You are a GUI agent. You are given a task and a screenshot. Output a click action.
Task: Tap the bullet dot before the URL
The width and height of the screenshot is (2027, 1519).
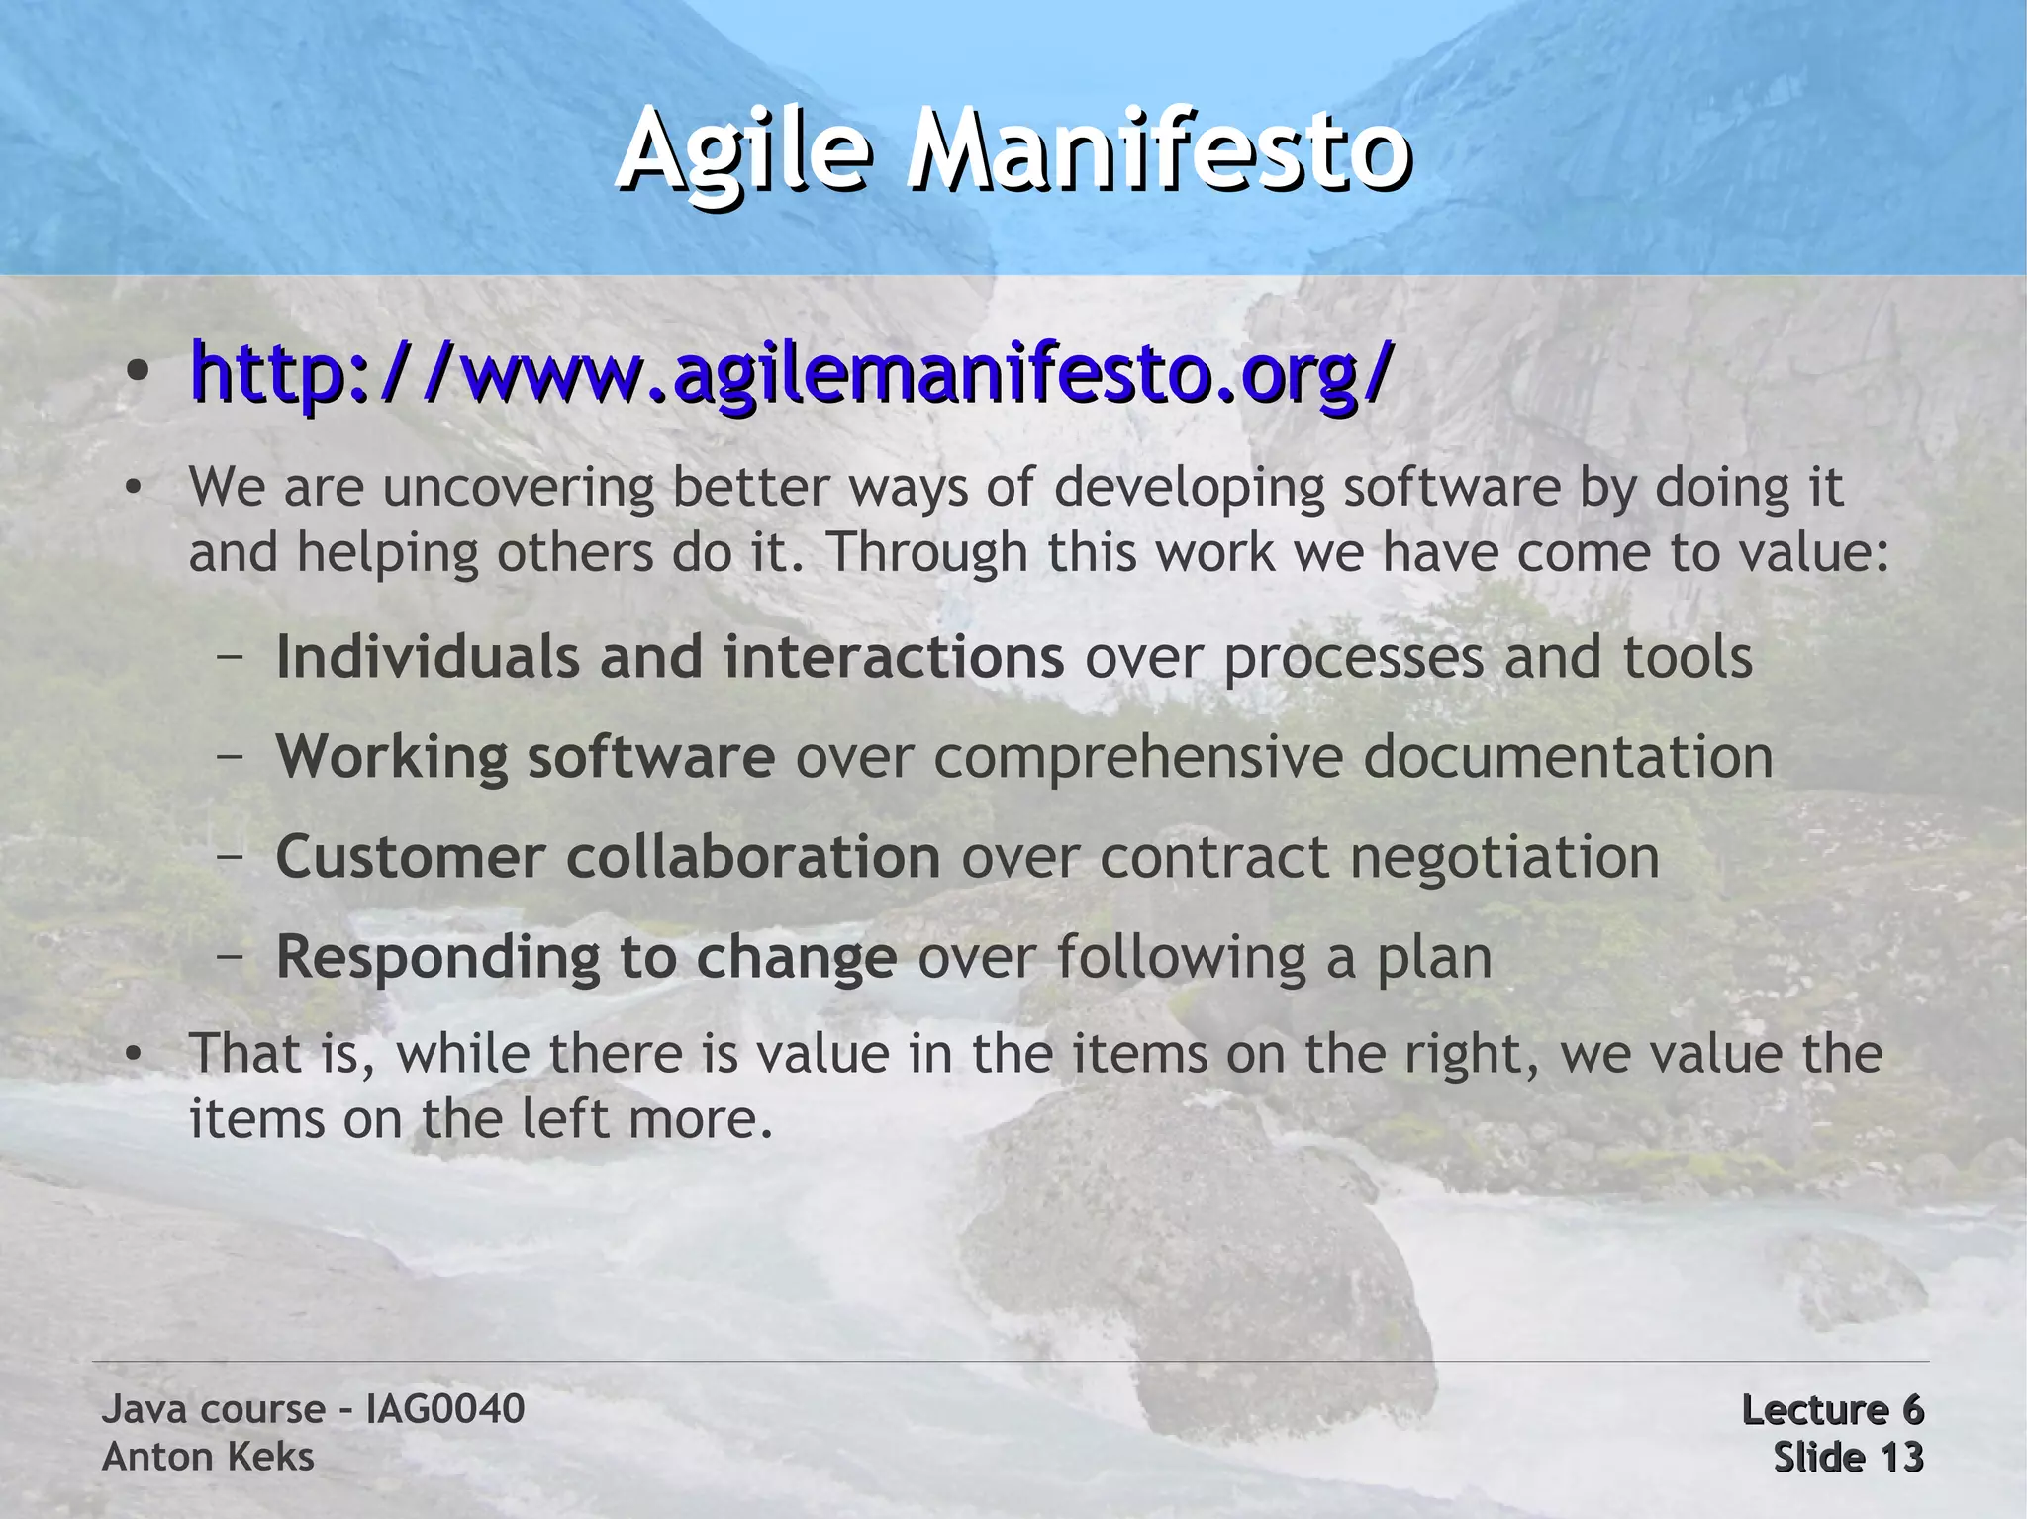coord(138,373)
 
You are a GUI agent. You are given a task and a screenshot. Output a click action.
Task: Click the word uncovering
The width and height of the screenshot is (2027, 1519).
coord(519,488)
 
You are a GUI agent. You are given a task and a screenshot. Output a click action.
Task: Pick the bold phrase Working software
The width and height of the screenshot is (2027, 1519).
coord(525,757)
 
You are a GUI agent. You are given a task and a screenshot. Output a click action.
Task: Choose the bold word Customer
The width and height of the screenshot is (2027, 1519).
coord(410,857)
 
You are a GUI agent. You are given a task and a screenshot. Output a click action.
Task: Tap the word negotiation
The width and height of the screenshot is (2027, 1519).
coord(1504,857)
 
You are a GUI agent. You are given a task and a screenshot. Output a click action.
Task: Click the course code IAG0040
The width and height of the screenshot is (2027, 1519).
coord(444,1409)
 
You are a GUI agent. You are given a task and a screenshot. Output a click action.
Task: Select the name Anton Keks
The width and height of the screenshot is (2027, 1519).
coord(208,1457)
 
